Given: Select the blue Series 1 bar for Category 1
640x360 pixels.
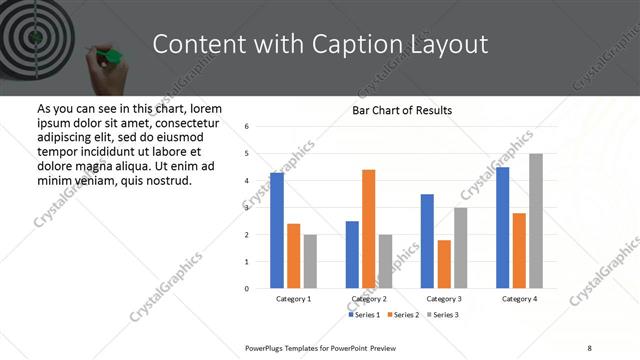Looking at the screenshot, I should pyautogui.click(x=277, y=230).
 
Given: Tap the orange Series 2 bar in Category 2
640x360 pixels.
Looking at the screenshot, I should pyautogui.click(x=368, y=229).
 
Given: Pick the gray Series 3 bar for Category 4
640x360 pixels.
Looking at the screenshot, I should pyautogui.click(x=536, y=221).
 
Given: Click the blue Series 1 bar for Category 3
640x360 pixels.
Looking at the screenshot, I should pyautogui.click(x=427, y=241).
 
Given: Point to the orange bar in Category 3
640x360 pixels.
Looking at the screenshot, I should pyautogui.click(x=444, y=264).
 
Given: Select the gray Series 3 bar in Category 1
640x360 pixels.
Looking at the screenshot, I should pyautogui.click(x=310, y=261).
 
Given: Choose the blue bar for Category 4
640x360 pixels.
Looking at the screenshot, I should pyautogui.click(x=502, y=227).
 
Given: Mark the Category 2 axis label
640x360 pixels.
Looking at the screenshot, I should pyautogui.click(x=369, y=299).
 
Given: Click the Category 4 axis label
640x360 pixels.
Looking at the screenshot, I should pyautogui.click(x=519, y=299).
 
